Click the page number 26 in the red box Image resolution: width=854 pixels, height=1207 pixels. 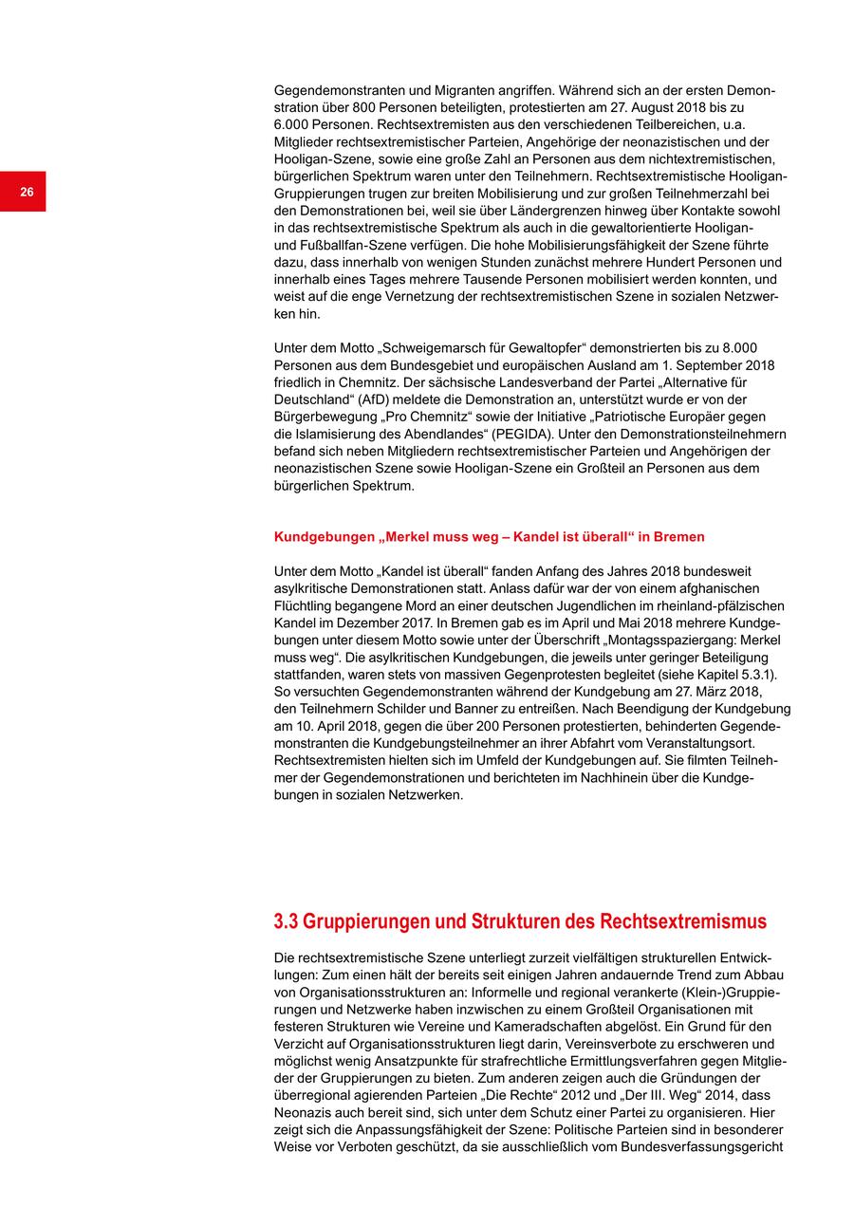click(27, 192)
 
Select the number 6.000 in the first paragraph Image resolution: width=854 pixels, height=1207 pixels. click(293, 125)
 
